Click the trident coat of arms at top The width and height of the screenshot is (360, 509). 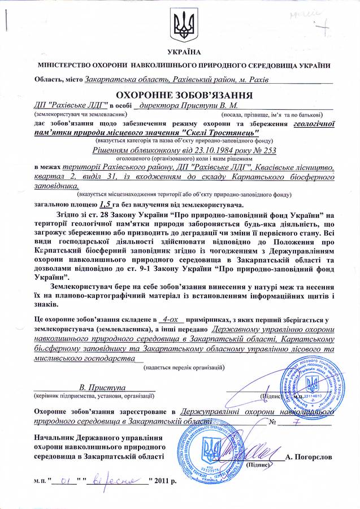180,26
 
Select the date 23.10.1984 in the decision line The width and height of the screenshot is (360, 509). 192,150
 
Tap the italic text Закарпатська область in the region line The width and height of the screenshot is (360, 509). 122,79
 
